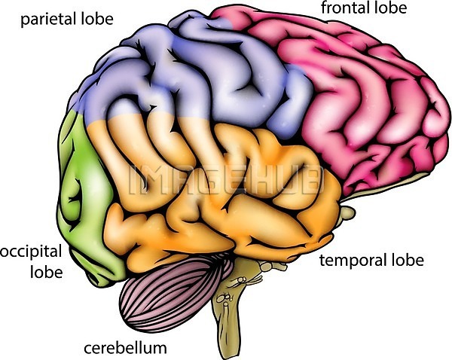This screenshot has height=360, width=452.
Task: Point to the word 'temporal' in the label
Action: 352,261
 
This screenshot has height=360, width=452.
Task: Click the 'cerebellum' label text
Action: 125,348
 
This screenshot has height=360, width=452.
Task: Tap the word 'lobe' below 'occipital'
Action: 47,272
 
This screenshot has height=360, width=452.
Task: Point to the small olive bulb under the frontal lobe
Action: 347,212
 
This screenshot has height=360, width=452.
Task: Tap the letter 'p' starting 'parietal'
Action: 25,21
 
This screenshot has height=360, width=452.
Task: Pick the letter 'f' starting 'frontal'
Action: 325,8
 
